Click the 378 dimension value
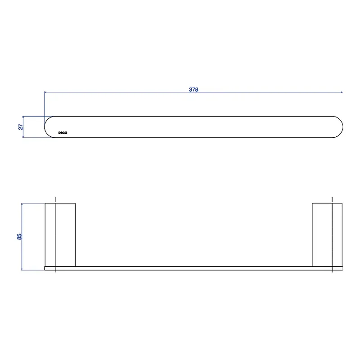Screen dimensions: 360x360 click(193, 89)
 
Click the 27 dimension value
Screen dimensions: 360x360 click(20, 127)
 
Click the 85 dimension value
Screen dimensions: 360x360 click(19, 237)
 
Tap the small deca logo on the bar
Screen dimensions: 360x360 click(63, 133)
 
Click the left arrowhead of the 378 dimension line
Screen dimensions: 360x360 click(45, 92)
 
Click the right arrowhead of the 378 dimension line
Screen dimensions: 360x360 click(342, 92)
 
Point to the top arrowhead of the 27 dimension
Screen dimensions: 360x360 click(23, 117)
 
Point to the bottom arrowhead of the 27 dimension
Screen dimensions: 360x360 click(23, 136)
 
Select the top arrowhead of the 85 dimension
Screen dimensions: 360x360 click(22, 204)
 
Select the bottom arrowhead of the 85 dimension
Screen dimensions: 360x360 click(22, 269)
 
